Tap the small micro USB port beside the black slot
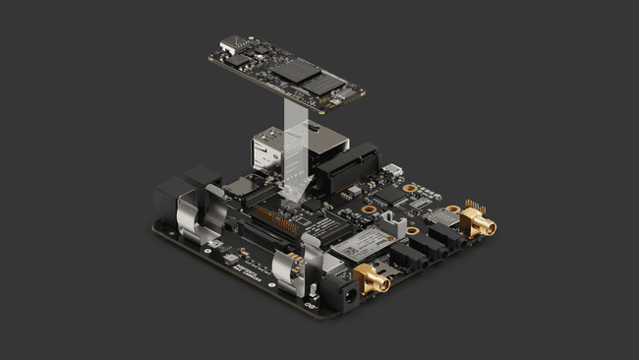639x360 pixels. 394,169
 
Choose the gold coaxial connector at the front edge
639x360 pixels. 373,281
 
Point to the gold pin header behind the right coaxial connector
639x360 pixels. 474,208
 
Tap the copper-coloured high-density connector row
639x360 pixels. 276,212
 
